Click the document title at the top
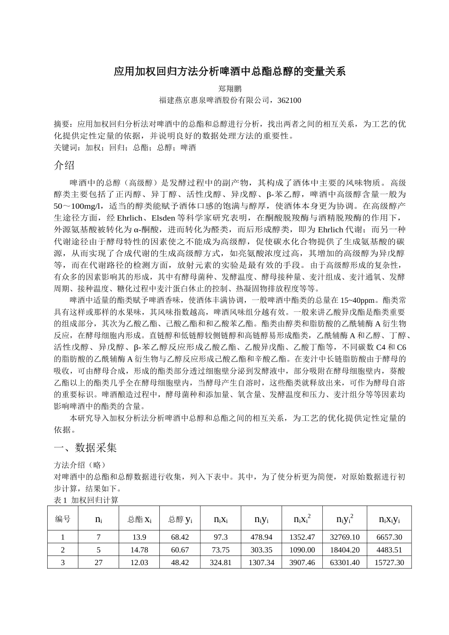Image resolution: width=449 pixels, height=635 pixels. click(x=230, y=72)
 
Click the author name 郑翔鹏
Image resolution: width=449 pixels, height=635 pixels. click(x=230, y=88)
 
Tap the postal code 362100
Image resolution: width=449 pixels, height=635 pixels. click(x=289, y=100)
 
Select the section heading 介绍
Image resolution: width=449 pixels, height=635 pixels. click(x=64, y=165)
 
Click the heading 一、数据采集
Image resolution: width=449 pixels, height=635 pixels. click(x=86, y=447)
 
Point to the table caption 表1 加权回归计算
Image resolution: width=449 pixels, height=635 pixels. click(x=86, y=499)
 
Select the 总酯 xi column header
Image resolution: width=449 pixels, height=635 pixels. click(x=139, y=519)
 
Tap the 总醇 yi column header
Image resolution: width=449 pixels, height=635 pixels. click(x=180, y=519)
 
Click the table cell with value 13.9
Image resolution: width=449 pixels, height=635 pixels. click(x=139, y=537)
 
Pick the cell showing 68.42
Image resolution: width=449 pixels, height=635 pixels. click(x=180, y=537)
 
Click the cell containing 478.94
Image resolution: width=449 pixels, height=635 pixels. click(x=261, y=537)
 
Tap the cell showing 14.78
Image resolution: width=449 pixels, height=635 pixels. click(x=139, y=549)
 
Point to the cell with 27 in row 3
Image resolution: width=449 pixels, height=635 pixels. click(x=99, y=562)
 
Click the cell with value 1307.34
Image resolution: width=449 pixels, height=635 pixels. click(x=261, y=562)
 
